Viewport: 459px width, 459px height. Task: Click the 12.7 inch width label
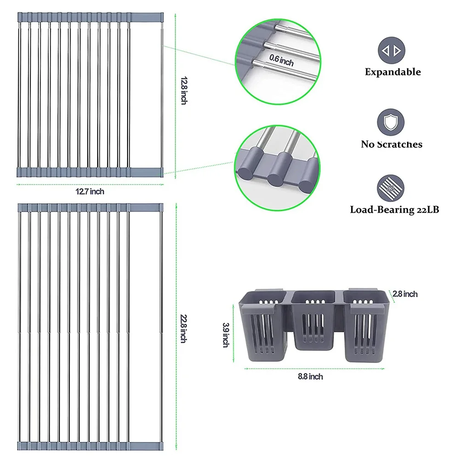pyautogui.click(x=90, y=191)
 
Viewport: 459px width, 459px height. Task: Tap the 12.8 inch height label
pyautogui.click(x=184, y=90)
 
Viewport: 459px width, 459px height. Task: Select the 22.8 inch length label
pyautogui.click(x=184, y=329)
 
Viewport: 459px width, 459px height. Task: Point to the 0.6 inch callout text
pyautogui.click(x=281, y=60)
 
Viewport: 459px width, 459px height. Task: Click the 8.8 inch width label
pyautogui.click(x=310, y=376)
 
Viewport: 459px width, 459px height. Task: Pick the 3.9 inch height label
pyautogui.click(x=226, y=335)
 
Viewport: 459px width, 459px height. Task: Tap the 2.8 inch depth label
pyautogui.click(x=405, y=294)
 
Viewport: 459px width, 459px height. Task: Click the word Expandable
pyautogui.click(x=393, y=72)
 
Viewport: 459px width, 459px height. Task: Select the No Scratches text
pyautogui.click(x=392, y=144)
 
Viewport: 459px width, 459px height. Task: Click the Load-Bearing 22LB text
pyautogui.click(x=395, y=210)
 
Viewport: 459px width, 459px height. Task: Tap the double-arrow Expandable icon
pyautogui.click(x=392, y=50)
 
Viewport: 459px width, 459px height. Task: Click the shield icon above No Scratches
pyautogui.click(x=391, y=123)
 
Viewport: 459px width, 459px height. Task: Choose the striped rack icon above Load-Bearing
pyautogui.click(x=391, y=188)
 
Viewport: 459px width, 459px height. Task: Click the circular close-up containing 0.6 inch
pyautogui.click(x=278, y=62)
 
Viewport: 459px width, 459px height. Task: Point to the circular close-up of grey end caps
pyautogui.click(x=277, y=168)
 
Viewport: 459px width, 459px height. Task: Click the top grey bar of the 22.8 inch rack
pyautogui.click(x=90, y=208)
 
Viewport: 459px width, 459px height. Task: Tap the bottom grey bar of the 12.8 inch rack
pyautogui.click(x=90, y=172)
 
